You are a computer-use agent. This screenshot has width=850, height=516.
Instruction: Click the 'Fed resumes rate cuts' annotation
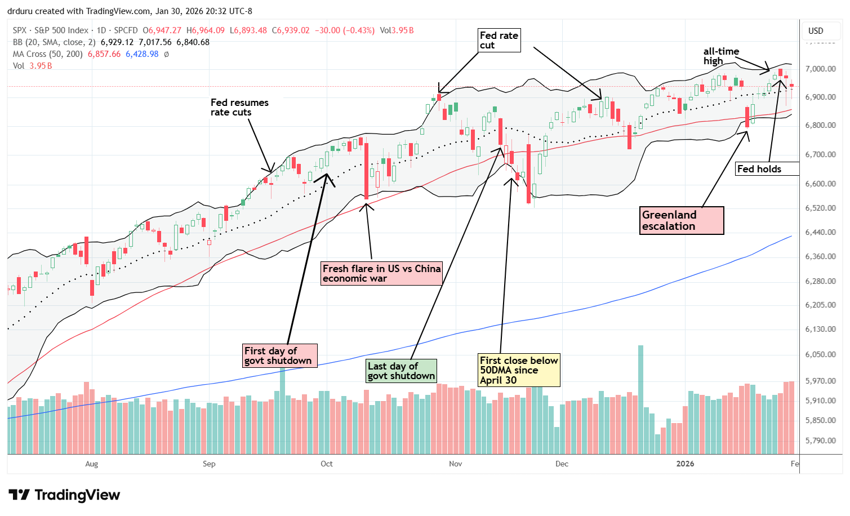pyautogui.click(x=239, y=107)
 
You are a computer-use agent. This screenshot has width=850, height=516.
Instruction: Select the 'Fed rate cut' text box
pyautogui.click(x=499, y=41)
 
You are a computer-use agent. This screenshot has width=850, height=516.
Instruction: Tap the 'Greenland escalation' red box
pyautogui.click(x=682, y=220)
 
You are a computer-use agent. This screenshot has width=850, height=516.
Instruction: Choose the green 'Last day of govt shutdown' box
pyautogui.click(x=401, y=371)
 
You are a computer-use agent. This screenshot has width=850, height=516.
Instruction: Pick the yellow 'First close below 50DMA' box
pyautogui.click(x=519, y=370)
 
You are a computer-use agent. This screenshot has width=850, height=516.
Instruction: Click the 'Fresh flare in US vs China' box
pyautogui.click(x=381, y=273)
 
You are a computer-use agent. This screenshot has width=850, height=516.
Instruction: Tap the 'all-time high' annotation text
pyautogui.click(x=721, y=56)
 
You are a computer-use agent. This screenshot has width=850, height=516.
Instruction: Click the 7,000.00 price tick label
pyautogui.click(x=820, y=69)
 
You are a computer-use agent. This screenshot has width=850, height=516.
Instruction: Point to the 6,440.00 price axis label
pyautogui.click(x=820, y=232)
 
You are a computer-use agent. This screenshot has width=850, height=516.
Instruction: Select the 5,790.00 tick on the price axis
pyautogui.click(x=820, y=441)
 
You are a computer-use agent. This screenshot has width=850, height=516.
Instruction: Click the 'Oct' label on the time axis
pyautogui.click(x=327, y=464)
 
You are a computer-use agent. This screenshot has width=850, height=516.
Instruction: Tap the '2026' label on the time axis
pyautogui.click(x=685, y=464)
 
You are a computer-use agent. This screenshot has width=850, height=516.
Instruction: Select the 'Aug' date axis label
pyautogui.click(x=91, y=464)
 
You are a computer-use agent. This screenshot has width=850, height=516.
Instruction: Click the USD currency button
pyautogui.click(x=816, y=31)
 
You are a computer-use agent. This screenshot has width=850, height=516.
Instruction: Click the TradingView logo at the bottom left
pyautogui.click(x=64, y=495)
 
